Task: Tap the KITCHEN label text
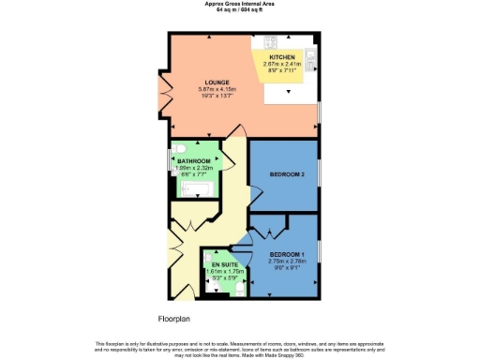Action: click(x=282, y=57)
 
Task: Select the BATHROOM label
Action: click(x=194, y=161)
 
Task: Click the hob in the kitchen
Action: click(x=272, y=42)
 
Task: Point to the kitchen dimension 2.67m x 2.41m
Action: click(x=282, y=64)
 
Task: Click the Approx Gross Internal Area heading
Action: click(x=239, y=3)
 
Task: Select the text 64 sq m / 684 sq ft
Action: click(x=239, y=9)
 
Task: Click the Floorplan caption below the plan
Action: click(x=174, y=319)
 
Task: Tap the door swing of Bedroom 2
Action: click(x=254, y=194)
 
